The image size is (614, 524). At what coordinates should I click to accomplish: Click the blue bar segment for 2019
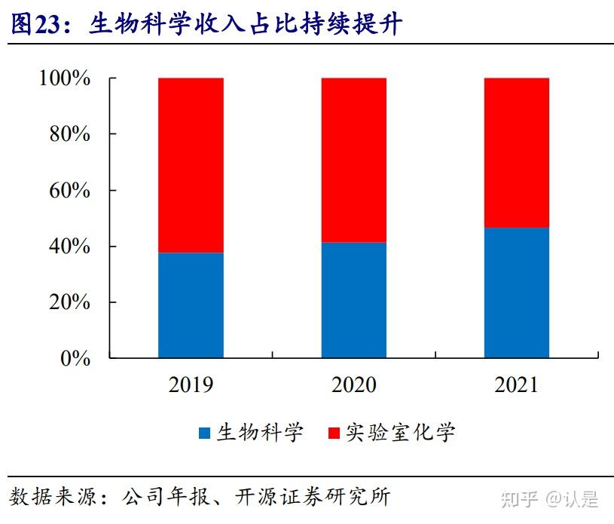tap(191, 305)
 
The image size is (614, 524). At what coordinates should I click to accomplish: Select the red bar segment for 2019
tap(191, 165)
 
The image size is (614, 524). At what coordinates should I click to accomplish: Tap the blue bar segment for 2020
tap(353, 299)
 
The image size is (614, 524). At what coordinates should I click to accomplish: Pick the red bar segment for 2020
tap(353, 160)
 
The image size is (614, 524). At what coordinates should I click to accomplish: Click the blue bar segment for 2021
tap(516, 293)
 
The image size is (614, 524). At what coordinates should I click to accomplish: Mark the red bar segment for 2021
tap(516, 152)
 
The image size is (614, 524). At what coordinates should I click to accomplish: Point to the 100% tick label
tap(65, 78)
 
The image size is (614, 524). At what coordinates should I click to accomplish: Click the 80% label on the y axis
tap(70, 134)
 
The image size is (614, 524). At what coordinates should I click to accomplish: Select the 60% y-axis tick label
tap(70, 190)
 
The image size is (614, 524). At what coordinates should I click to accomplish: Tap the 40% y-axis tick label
tap(70, 247)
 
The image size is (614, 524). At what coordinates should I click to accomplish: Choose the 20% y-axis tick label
tap(70, 302)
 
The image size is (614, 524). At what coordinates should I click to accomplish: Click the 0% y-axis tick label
tap(75, 358)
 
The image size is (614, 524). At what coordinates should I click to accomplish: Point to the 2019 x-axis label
tap(191, 385)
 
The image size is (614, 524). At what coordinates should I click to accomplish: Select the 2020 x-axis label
tap(353, 385)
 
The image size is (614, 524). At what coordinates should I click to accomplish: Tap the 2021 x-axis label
tap(516, 385)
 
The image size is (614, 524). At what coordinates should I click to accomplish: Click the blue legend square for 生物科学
tap(205, 434)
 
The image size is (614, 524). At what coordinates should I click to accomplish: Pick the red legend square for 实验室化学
tap(334, 434)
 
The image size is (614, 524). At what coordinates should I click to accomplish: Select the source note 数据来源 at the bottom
tap(200, 497)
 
